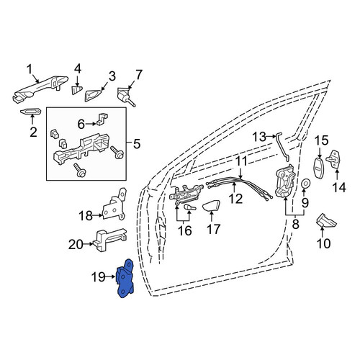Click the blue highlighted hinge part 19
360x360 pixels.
pyautogui.click(x=125, y=279)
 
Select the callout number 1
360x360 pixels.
pyautogui.click(x=29, y=70)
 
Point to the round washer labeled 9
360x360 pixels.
pyautogui.click(x=305, y=184)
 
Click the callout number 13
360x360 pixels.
pyautogui.click(x=259, y=137)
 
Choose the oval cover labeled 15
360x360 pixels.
pyautogui.click(x=320, y=168)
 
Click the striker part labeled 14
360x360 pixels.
pyautogui.click(x=335, y=159)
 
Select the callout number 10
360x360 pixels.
pyautogui.click(x=323, y=243)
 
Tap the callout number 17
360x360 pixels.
pyautogui.click(x=213, y=229)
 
